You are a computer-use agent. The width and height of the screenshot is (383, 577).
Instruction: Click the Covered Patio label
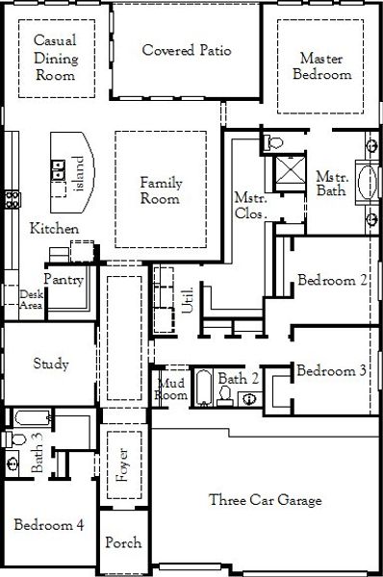click(187, 50)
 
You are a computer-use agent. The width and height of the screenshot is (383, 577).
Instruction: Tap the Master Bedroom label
click(321, 66)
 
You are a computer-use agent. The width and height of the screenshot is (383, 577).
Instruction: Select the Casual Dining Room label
click(56, 58)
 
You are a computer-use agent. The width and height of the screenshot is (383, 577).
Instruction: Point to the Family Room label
click(161, 190)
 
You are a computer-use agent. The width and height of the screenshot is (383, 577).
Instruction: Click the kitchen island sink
click(58, 169)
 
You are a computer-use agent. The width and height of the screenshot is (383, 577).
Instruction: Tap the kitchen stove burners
click(12, 199)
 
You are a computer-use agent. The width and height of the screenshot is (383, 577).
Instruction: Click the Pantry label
click(64, 279)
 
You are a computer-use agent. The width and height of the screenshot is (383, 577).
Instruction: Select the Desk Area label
click(32, 299)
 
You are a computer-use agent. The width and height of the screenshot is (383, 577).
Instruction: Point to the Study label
click(51, 364)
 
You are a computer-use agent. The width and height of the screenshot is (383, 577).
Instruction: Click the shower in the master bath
click(291, 169)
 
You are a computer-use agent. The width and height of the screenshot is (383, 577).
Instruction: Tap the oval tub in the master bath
click(368, 183)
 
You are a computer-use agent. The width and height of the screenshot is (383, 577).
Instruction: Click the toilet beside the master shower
click(273, 141)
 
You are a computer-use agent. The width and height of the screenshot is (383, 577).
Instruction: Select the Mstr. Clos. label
click(250, 206)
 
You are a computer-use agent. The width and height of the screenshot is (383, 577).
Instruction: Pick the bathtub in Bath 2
click(204, 388)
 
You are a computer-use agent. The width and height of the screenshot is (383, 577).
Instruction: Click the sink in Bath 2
click(249, 399)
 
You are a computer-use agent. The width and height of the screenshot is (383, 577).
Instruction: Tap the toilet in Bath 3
click(14, 439)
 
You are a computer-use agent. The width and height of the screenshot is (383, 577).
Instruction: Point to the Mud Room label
click(171, 389)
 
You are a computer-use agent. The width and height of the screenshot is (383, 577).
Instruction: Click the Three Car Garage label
click(266, 500)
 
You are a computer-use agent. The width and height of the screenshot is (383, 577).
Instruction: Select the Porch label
click(123, 542)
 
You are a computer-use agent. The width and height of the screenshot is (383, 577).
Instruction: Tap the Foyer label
click(122, 464)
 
